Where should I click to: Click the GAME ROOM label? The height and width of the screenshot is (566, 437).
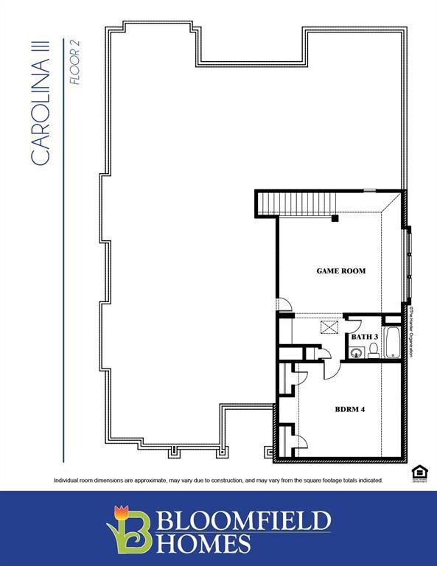coord(340,271)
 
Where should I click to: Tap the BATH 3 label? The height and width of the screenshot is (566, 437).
coord(364,337)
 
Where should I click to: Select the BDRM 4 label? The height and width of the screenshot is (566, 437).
coord(350,409)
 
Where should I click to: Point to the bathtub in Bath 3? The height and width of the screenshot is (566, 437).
coord(394,343)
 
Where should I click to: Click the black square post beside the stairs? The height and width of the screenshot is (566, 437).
coord(335,218)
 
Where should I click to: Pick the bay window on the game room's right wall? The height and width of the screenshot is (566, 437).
coord(408,262)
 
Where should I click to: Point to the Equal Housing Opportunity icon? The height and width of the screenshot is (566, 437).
coord(418,472)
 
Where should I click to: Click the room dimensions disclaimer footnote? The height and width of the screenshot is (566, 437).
coord(217,481)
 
